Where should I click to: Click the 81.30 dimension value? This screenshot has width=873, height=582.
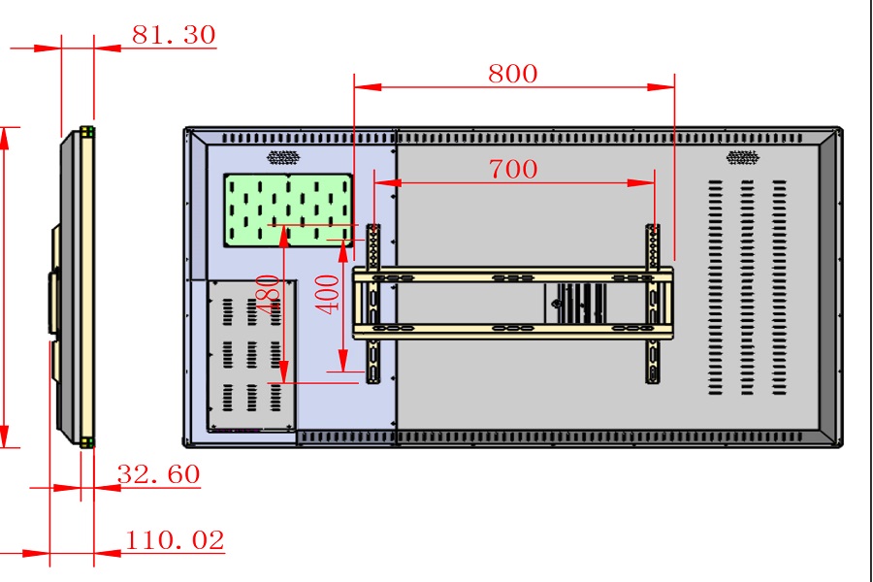click(174, 35)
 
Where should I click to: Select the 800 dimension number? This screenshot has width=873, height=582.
click(512, 74)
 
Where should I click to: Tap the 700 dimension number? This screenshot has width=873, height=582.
click(512, 169)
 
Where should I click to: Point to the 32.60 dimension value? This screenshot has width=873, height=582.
click(158, 474)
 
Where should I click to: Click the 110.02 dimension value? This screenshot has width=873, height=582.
click(174, 540)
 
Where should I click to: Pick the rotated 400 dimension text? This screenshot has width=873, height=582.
click(330, 293)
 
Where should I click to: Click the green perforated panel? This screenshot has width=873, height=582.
click(287, 210)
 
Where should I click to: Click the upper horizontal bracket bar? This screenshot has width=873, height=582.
click(512, 276)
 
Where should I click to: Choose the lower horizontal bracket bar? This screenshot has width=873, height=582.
click(512, 331)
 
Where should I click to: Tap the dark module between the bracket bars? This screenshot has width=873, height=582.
click(579, 304)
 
